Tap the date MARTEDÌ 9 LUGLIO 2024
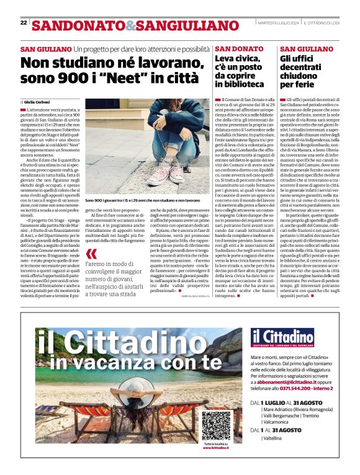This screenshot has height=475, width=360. coord(279,23)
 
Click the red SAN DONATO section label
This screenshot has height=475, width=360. coord(230,48)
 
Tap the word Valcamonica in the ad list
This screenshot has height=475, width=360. coord(279,422)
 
